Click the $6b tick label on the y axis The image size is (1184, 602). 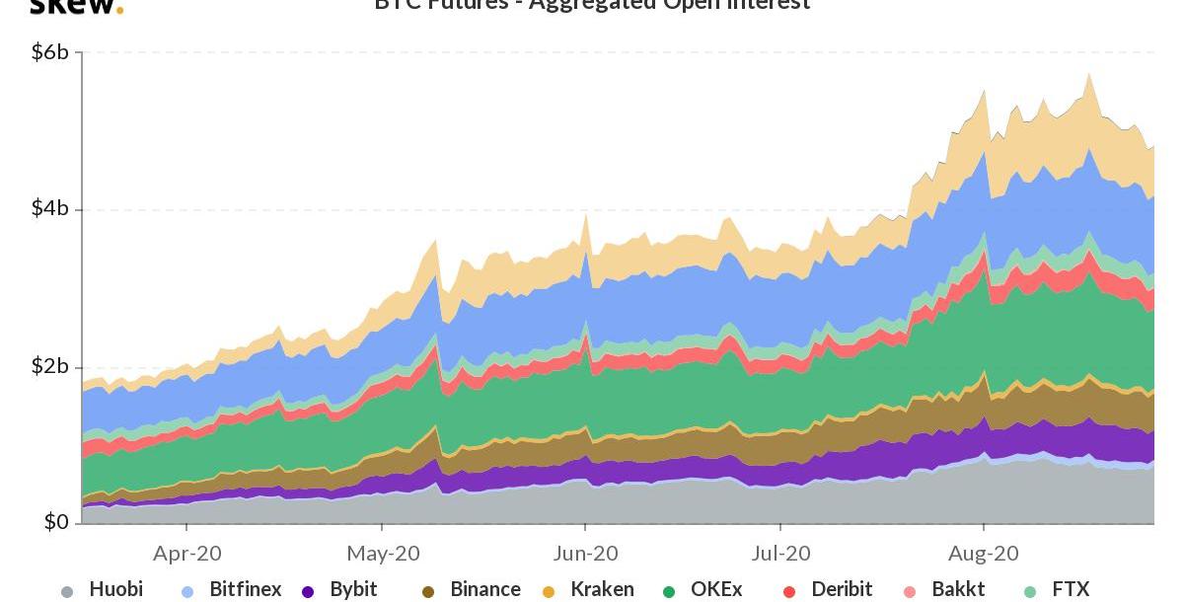pyautogui.click(x=49, y=52)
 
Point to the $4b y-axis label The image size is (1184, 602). pyautogui.click(x=49, y=209)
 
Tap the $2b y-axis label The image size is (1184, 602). pyautogui.click(x=49, y=367)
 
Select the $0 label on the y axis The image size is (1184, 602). pyautogui.click(x=55, y=521)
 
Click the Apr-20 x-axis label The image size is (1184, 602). pyautogui.click(x=187, y=554)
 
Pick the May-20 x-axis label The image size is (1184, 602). pyautogui.click(x=384, y=554)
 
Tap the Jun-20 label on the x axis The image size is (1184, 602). pyautogui.click(x=585, y=554)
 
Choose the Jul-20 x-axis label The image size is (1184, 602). pyautogui.click(x=780, y=554)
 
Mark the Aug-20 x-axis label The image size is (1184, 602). pyautogui.click(x=984, y=554)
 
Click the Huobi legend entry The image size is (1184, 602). pyautogui.click(x=115, y=589)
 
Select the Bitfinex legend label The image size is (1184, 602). pyautogui.click(x=245, y=589)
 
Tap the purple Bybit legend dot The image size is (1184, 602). pyautogui.click(x=308, y=592)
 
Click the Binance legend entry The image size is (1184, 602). pyautogui.click(x=484, y=589)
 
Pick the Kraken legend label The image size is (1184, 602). pyautogui.click(x=602, y=589)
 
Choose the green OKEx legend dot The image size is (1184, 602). pyautogui.click(x=669, y=592)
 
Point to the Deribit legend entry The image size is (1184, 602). pyautogui.click(x=842, y=589)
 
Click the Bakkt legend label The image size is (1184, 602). pyautogui.click(x=958, y=589)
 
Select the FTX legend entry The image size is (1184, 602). pyautogui.click(x=1071, y=589)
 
